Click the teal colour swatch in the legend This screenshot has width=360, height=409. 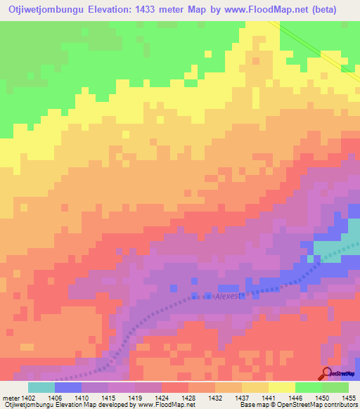tap(41, 387)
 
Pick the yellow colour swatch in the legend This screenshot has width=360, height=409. tap(281, 387)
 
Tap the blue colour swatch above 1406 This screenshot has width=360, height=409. tap(68, 387)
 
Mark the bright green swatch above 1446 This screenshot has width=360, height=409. tap(308, 387)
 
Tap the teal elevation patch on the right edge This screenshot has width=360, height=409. tap(337, 246)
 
